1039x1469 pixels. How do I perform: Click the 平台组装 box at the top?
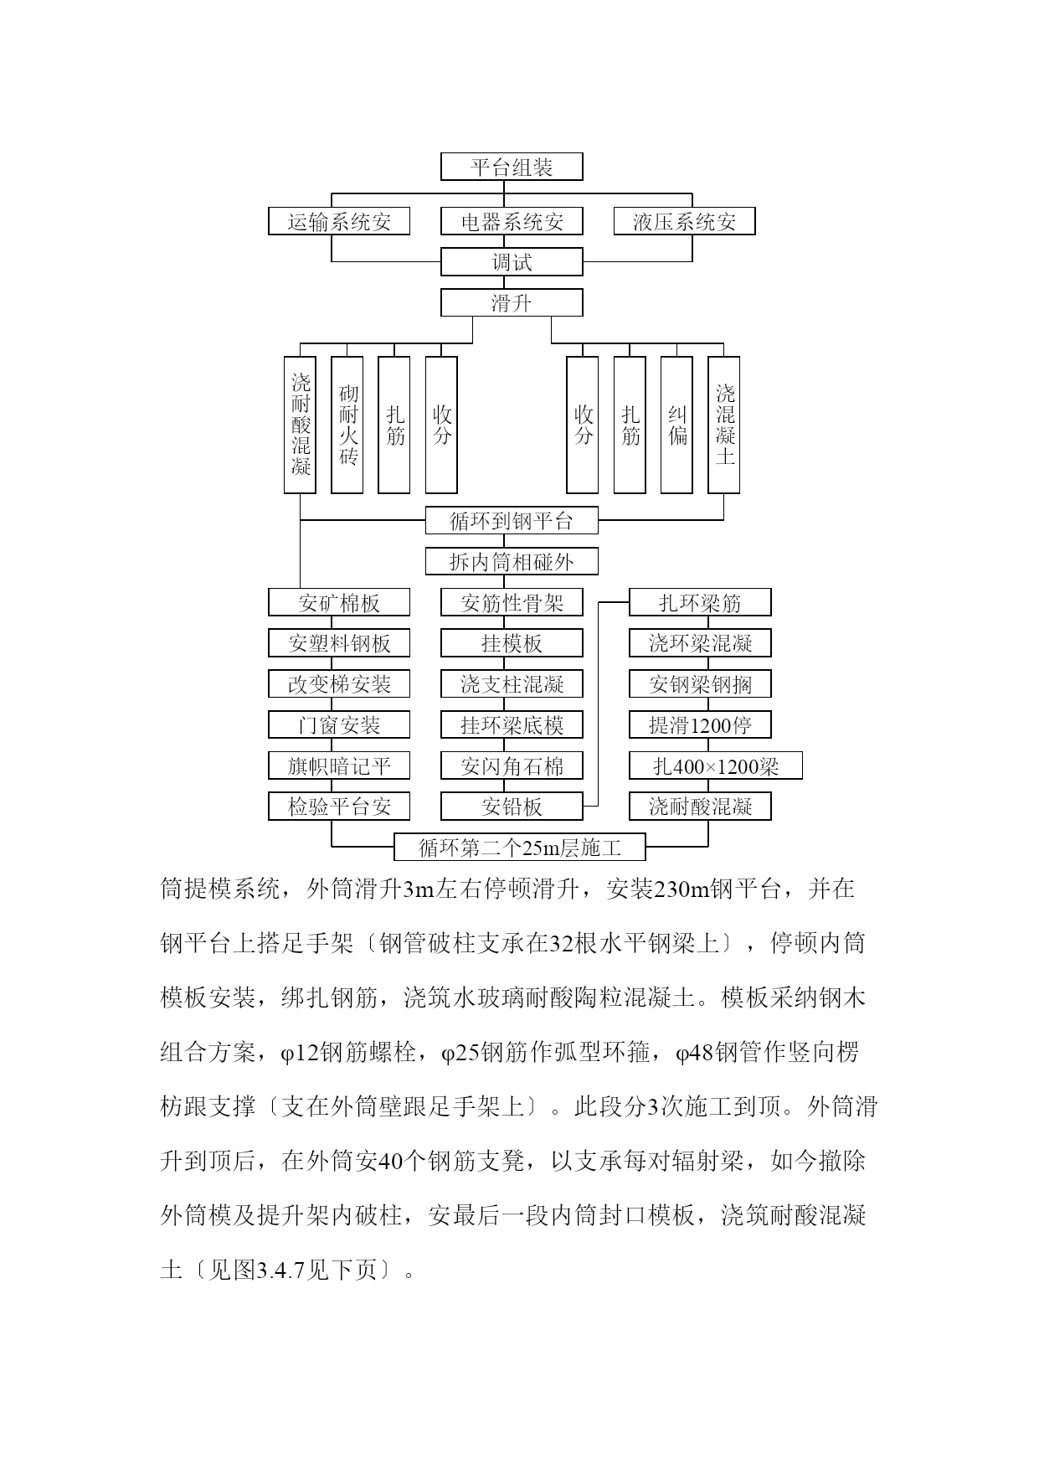click(x=512, y=167)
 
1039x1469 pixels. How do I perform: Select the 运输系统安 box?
click(x=339, y=221)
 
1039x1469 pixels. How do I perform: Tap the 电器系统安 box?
click(x=512, y=221)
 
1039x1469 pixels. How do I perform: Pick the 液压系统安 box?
click(x=684, y=221)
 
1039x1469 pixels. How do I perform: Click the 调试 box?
click(x=512, y=262)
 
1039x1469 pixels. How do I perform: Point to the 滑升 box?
click(x=512, y=302)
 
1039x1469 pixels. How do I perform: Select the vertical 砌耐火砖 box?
click(x=347, y=425)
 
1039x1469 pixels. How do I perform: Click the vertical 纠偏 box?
click(x=676, y=425)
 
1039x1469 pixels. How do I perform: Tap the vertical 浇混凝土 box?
click(x=724, y=425)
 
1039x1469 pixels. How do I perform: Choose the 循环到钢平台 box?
click(x=512, y=521)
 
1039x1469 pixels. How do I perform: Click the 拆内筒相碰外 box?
click(x=512, y=561)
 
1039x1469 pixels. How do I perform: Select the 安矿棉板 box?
click(x=339, y=602)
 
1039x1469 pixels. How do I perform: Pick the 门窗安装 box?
click(x=339, y=724)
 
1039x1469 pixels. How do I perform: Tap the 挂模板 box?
click(x=512, y=643)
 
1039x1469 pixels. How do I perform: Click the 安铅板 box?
click(x=512, y=807)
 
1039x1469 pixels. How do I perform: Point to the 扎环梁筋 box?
click(x=700, y=602)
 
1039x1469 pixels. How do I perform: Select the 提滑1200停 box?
click(x=700, y=724)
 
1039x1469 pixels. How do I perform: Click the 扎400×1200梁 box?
click(x=716, y=765)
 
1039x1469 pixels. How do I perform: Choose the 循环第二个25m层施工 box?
click(x=520, y=847)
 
